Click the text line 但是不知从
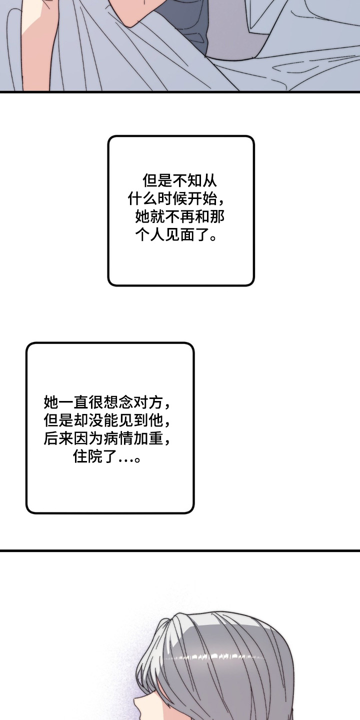180,180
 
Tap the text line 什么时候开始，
176,199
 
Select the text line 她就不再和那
179,217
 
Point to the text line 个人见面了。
175,235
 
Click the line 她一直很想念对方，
107,402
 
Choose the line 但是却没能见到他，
107,420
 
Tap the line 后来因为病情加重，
107,438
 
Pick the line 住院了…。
106,456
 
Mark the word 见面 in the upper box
179,235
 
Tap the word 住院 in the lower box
88,456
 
